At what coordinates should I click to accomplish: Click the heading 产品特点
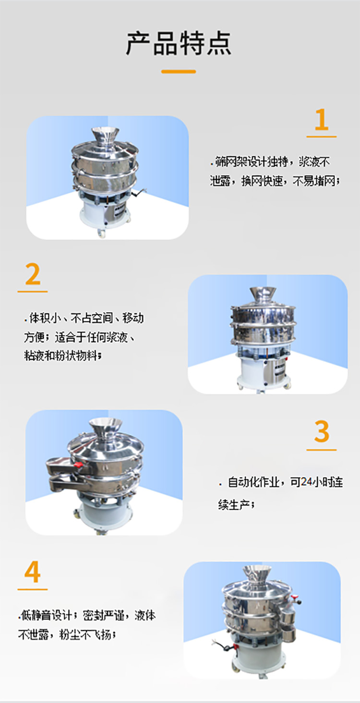tap(179, 43)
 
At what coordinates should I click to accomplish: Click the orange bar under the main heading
tap(179, 71)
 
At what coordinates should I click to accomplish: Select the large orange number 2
tap(33, 274)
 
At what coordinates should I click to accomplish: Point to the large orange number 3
tap(322, 432)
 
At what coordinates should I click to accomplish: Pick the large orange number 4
tap(32, 572)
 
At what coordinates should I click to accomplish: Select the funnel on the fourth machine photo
tap(256, 573)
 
